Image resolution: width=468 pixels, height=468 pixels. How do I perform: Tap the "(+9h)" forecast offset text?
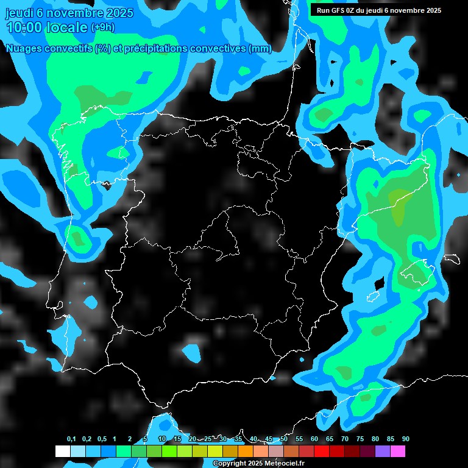tap(102, 27)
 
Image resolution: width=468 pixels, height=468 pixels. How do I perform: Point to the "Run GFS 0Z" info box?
tap(378, 10)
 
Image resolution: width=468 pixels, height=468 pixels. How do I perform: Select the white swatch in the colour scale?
tap(63, 452)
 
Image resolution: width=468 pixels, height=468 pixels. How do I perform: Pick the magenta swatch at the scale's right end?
tap(398, 452)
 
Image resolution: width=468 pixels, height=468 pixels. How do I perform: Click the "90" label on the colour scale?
tap(406, 439)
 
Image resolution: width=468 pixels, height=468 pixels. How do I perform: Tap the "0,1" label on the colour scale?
tap(71, 439)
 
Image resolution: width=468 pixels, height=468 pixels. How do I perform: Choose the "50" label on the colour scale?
tap(284, 439)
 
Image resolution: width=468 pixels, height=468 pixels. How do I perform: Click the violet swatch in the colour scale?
tap(383, 452)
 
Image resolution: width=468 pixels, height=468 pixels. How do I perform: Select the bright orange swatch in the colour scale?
tap(246, 452)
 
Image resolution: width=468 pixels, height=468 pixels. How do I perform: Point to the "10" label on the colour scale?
tap(162, 439)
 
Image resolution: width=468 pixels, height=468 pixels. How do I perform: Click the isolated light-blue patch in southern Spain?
tap(192, 352)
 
